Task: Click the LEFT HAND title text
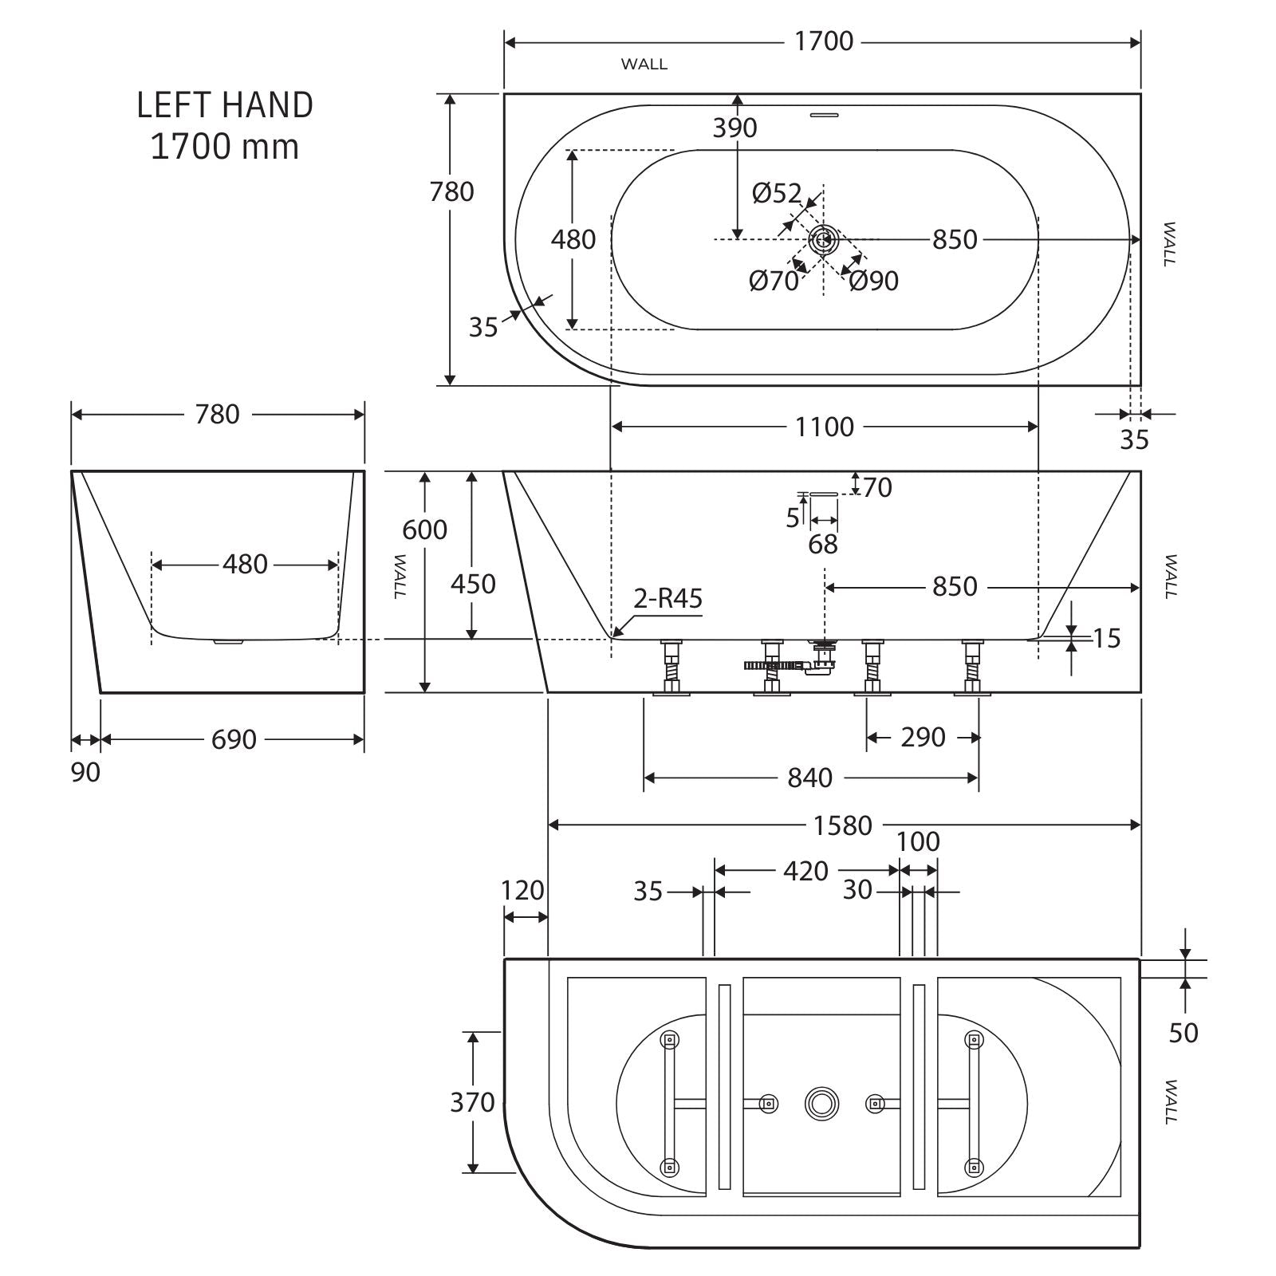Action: coord(225,105)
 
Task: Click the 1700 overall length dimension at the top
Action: coord(824,41)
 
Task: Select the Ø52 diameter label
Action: coord(776,193)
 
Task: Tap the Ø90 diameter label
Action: coord(873,281)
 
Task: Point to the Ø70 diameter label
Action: coord(774,281)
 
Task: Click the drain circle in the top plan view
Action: coord(824,238)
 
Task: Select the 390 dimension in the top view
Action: coord(734,128)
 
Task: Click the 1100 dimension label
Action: coord(824,427)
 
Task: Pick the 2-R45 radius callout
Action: coord(668,598)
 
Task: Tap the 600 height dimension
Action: coord(424,530)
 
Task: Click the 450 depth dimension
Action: coord(473,584)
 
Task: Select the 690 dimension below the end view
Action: coord(234,739)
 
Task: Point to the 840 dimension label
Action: coord(809,778)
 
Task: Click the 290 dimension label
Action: coord(923,737)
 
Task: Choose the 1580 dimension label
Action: coord(842,825)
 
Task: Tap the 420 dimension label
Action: coord(805,871)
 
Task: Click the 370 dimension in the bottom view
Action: coord(472,1102)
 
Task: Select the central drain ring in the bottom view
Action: coord(821,1103)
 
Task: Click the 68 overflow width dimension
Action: coord(823,544)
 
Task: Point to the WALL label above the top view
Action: coord(644,65)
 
